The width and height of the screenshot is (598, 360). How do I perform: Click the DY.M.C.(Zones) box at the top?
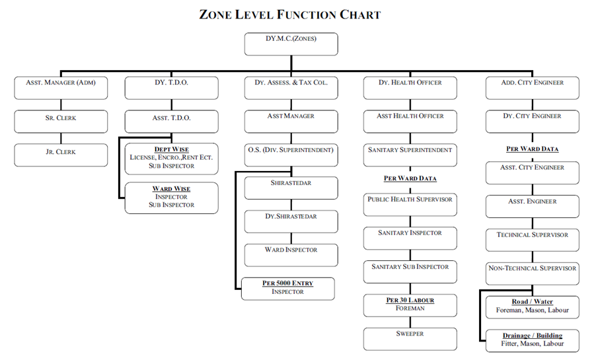coord(291,44)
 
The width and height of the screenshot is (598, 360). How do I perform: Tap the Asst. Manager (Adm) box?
coord(61,88)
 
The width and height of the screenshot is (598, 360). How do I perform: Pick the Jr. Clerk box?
coord(61,155)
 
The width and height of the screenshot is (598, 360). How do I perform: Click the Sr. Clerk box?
coord(61,122)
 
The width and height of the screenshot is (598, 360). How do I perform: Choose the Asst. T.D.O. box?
coord(172,122)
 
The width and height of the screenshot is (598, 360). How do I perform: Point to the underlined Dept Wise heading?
coord(172,149)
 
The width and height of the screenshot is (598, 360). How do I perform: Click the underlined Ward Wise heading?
coord(171,188)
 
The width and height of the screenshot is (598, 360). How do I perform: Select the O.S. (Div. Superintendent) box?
coord(291,155)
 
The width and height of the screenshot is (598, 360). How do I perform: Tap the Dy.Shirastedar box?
coord(291,221)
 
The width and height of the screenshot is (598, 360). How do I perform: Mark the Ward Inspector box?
coord(291,255)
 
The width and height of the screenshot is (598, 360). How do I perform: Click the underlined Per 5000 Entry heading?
coord(287,283)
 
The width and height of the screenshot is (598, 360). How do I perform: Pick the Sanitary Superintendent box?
coord(410,155)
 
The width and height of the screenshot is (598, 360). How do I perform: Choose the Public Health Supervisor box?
coord(410,204)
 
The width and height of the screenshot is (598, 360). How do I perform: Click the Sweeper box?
coord(410,339)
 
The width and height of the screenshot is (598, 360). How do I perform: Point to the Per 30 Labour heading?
coord(410,300)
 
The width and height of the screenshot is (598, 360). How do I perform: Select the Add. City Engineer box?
coord(533,88)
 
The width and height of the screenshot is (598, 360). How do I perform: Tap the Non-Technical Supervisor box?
coord(533,273)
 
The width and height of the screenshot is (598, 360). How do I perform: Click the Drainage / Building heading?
coord(533,336)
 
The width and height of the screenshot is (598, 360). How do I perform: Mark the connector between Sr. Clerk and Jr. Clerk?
coord(61,139)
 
